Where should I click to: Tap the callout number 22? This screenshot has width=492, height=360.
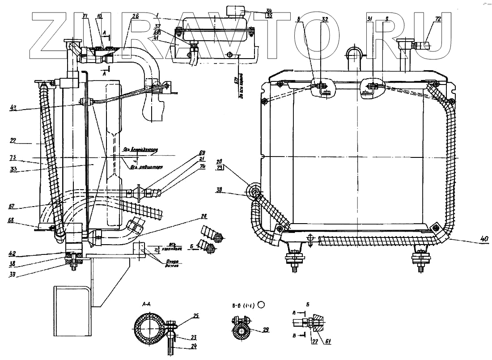point(13,140)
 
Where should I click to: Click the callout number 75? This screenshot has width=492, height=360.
point(13,157)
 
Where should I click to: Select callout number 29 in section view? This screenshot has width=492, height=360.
point(266,330)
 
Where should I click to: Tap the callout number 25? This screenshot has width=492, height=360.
point(195,316)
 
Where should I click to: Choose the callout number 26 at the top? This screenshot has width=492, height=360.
point(136,16)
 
